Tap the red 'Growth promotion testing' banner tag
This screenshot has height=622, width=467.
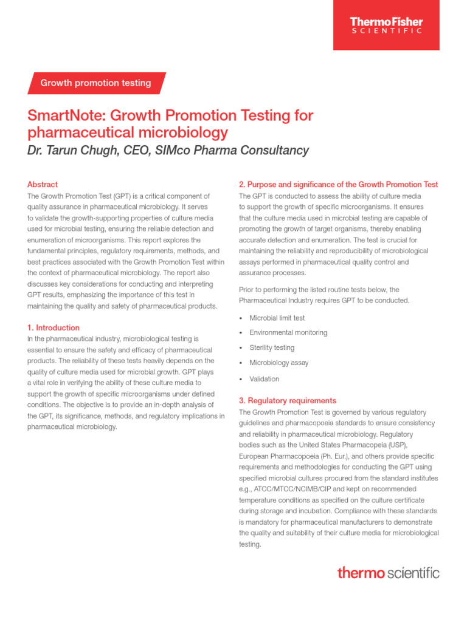95,83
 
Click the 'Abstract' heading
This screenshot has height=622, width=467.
43,184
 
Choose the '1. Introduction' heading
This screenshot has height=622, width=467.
54,327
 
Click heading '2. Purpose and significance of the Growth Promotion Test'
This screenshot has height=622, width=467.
338,184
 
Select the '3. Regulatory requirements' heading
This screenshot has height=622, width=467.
287,401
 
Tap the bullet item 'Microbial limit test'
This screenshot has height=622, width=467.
277,318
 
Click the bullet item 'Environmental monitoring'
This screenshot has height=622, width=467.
288,333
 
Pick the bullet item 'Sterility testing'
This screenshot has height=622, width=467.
272,347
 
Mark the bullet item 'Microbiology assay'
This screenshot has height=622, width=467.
279,363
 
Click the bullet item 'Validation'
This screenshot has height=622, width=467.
265,379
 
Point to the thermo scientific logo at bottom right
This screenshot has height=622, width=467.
388,572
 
